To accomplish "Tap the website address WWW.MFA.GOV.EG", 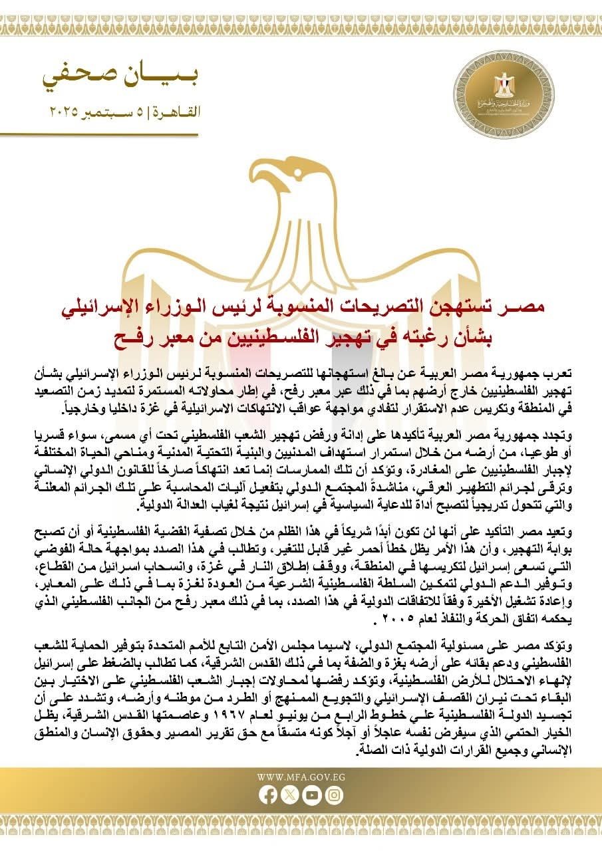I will pyautogui.click(x=301, y=777).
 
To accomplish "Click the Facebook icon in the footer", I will pyautogui.click(x=268, y=795).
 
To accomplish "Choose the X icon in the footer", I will pyautogui.click(x=290, y=795).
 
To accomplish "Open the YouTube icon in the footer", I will pyautogui.click(x=312, y=795).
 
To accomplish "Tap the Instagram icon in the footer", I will pyautogui.click(x=334, y=795).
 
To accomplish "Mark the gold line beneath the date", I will pyautogui.click(x=100, y=134).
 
